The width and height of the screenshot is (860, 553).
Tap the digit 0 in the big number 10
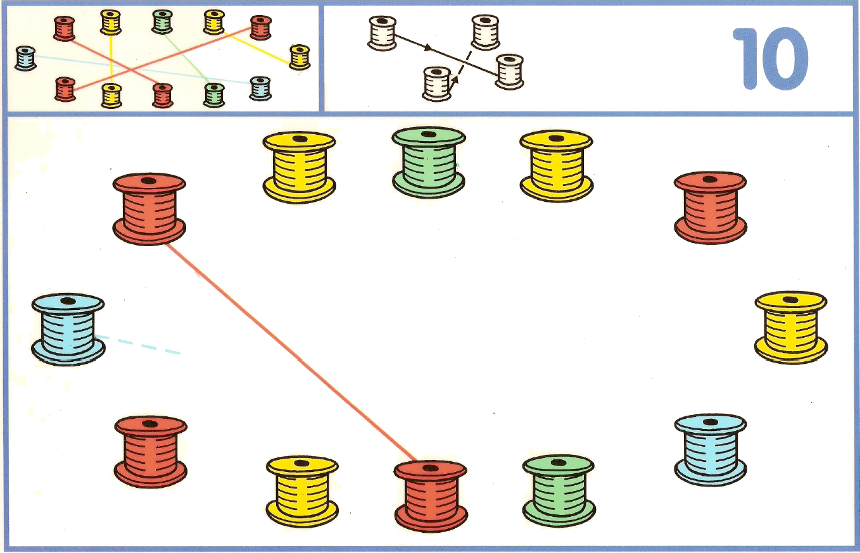(785, 58)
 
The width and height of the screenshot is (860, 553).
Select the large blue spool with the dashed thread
(68, 330)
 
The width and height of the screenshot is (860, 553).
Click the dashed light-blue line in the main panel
(138, 345)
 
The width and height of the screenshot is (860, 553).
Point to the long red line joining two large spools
(291, 352)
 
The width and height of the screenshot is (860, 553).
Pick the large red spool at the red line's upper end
(149, 209)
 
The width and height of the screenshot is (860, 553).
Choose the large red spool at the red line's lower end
(431, 496)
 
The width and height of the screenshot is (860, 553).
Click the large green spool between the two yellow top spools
(429, 162)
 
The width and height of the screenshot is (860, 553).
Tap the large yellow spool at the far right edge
(791, 328)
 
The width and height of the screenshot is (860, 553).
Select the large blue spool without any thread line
(711, 450)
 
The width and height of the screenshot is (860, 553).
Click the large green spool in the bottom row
(559, 491)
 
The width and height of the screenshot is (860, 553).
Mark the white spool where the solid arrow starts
(383, 33)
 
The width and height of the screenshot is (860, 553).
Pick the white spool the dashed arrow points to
(437, 84)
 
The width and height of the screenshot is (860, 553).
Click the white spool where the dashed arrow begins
(485, 32)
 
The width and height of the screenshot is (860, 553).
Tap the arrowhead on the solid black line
(428, 48)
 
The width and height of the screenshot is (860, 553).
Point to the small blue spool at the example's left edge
(26, 58)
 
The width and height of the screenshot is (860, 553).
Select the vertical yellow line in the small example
(111, 59)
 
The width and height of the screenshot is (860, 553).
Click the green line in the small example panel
(187, 59)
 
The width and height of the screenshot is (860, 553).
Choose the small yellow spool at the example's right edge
(300, 57)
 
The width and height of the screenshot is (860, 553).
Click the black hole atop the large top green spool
(429, 134)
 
